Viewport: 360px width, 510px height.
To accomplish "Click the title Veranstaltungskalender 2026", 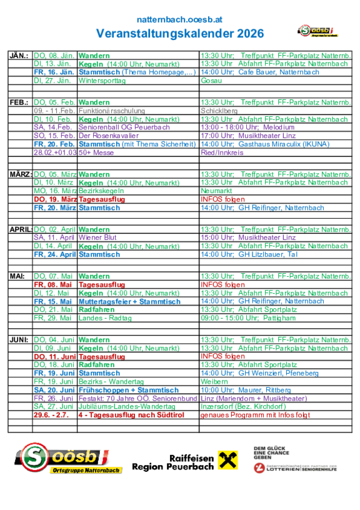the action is tap(180, 32).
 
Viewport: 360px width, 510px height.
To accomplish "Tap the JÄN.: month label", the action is tap(19, 56).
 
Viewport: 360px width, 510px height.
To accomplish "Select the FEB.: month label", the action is tap(19, 102).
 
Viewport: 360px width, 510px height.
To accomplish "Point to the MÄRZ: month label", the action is tap(20, 174).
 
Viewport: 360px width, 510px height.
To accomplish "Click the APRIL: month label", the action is tap(21, 229).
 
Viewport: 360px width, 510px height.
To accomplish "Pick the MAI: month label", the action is tap(17, 276).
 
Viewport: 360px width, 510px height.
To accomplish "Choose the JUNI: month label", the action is tap(19, 339).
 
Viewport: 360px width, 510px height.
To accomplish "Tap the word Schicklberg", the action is tap(219, 111).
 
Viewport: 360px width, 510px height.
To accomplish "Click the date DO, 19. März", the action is tap(56, 199).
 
